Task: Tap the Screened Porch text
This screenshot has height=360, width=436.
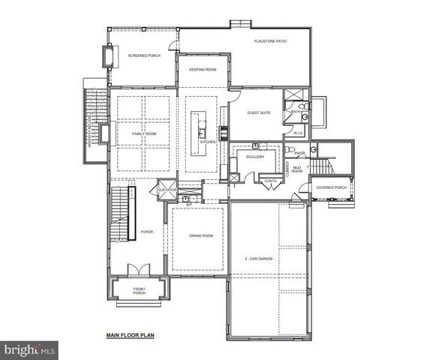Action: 143,55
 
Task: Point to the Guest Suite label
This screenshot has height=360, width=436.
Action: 259,113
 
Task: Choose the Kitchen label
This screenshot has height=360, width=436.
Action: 208,142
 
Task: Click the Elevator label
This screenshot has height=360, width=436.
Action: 167,190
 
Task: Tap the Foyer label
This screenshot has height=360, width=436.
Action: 147,232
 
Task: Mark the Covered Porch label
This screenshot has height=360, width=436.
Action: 330,187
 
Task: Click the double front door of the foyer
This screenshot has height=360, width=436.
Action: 137,270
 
